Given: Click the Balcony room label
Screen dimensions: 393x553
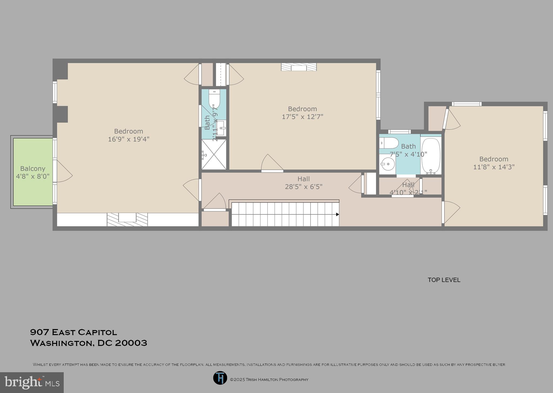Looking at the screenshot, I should [x=33, y=169].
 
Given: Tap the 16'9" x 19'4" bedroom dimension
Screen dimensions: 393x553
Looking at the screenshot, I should [x=129, y=139].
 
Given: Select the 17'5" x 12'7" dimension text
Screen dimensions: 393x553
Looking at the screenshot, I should [x=302, y=117].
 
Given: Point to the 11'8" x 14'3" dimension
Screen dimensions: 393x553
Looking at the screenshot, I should [x=494, y=167].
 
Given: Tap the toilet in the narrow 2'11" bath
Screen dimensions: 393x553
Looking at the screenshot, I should [x=214, y=99].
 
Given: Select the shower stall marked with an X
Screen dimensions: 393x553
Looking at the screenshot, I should [x=214, y=154].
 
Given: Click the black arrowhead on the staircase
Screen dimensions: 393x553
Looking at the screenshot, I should [x=337, y=214].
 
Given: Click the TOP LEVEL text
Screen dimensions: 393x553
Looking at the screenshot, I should [x=444, y=280].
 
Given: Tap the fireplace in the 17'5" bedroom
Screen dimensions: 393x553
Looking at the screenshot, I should [x=299, y=67].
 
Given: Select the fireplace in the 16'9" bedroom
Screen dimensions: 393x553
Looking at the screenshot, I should [x=127, y=219].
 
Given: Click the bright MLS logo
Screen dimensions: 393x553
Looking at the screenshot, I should [x=32, y=382].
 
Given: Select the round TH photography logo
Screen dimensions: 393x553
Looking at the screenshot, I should [x=220, y=378].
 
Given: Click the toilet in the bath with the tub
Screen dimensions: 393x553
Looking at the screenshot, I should [x=389, y=143].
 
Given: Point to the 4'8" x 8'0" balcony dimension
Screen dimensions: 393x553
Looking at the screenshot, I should [x=33, y=177].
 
